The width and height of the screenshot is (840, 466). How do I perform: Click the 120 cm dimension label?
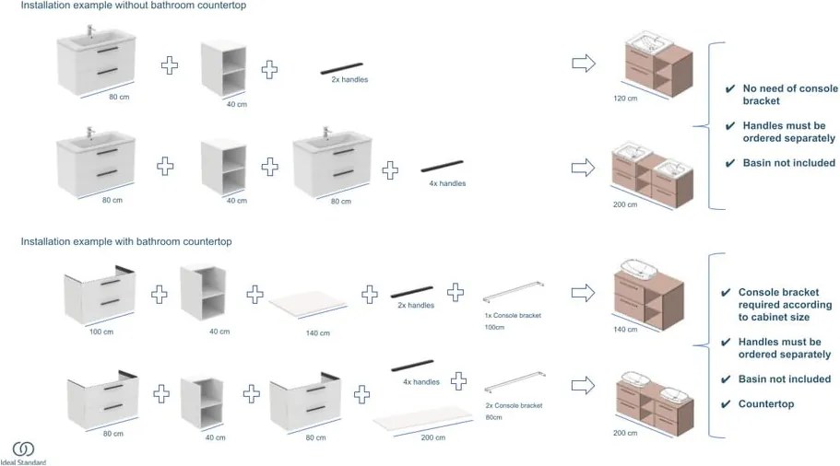(625, 97)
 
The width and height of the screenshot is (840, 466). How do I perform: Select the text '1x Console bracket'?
(513, 315)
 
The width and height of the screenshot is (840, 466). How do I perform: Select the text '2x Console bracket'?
(513, 405)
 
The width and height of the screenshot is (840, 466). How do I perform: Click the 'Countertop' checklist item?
(765, 403)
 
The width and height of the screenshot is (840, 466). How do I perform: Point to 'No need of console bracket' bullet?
(788, 95)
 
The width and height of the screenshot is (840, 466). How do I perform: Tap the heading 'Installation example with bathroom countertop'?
(126, 241)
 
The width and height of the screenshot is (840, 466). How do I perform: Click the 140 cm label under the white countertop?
(317, 332)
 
